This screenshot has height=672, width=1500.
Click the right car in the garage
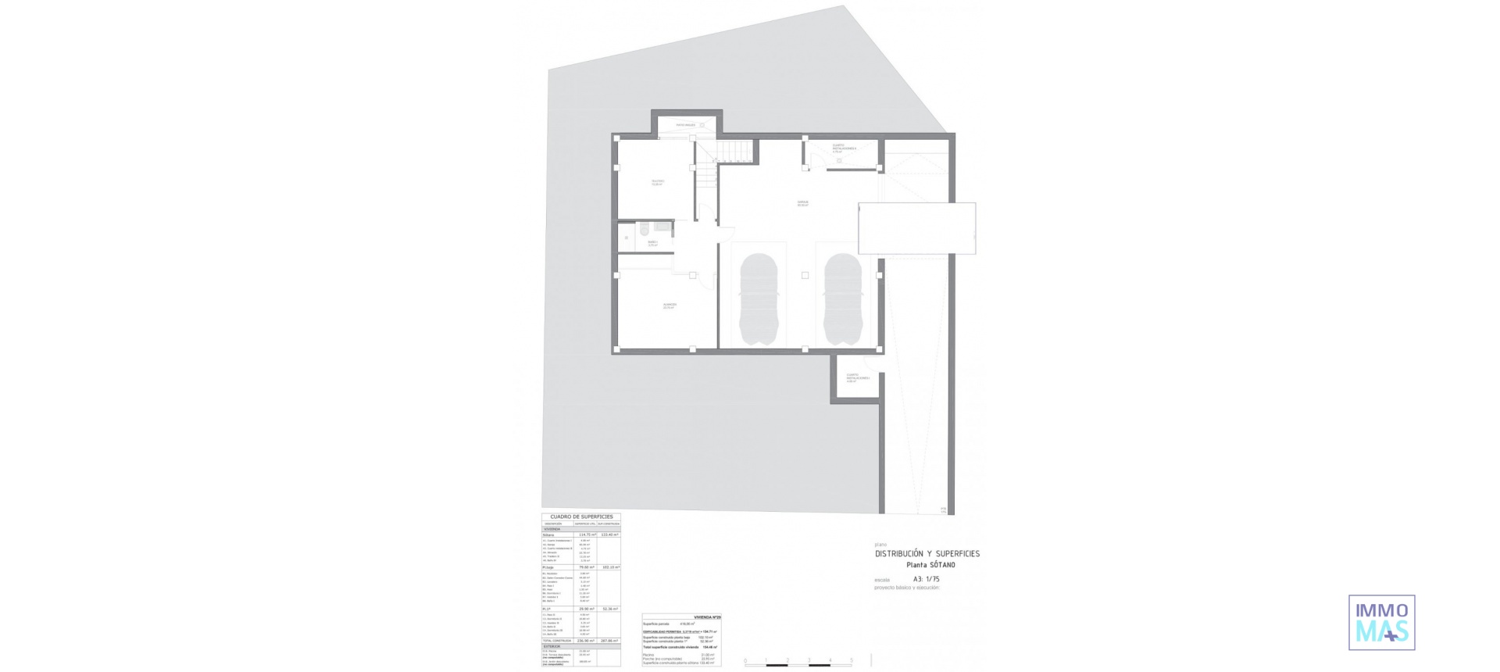coord(842,299)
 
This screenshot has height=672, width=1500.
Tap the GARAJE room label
coord(802,203)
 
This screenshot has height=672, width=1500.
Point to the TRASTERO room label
coord(657,182)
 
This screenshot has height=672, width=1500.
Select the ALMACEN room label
coord(670,306)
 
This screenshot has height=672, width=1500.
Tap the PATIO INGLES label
coord(685,125)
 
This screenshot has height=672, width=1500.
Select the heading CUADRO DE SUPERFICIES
coord(581,517)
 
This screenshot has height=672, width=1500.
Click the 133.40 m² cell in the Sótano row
coord(609,534)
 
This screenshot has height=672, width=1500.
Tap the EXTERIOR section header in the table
coord(552,646)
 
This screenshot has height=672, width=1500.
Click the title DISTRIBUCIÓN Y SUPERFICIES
coord(927,553)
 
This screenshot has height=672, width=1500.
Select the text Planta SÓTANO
coord(930,565)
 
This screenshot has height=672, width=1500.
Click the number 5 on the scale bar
coord(851,660)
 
